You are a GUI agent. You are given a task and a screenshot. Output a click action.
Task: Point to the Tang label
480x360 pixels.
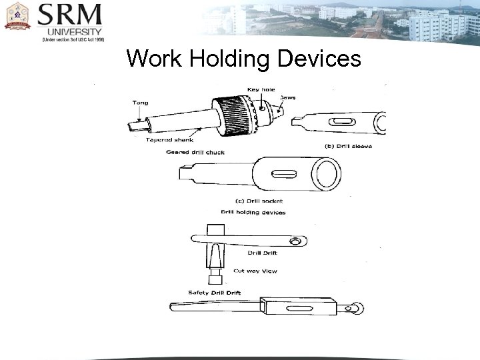(x=141, y=103)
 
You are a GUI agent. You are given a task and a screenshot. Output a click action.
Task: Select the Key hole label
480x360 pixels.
(x=261, y=89)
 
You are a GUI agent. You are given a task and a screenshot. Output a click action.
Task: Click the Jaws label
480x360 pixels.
(x=288, y=97)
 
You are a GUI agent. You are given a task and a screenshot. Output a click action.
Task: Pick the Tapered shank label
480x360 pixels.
(x=167, y=140)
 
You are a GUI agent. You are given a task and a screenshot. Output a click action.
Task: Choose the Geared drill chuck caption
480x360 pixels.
(x=195, y=152)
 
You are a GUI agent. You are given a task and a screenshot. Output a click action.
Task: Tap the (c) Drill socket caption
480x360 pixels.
(x=259, y=200)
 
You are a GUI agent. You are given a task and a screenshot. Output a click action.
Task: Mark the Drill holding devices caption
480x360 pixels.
(x=253, y=212)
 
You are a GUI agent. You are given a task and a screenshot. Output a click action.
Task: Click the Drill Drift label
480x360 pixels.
(x=262, y=253)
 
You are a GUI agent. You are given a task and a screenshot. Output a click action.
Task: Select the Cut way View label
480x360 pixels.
(x=255, y=271)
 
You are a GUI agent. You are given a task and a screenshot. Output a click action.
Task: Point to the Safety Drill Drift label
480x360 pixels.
(x=214, y=293)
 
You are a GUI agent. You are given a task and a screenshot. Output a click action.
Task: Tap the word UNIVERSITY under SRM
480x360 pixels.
(x=74, y=31)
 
